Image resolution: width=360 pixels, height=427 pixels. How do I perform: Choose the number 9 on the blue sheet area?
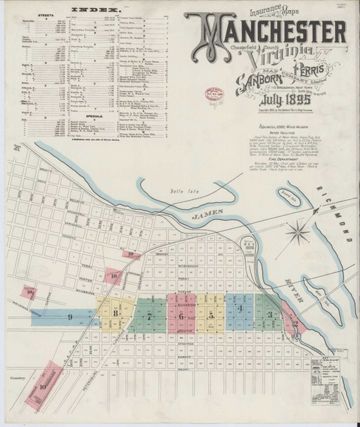coord(70,315)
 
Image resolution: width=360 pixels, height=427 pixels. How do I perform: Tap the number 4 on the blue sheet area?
coord(240,307)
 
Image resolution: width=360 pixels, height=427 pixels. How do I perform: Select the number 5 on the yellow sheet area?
coord(211,314)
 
